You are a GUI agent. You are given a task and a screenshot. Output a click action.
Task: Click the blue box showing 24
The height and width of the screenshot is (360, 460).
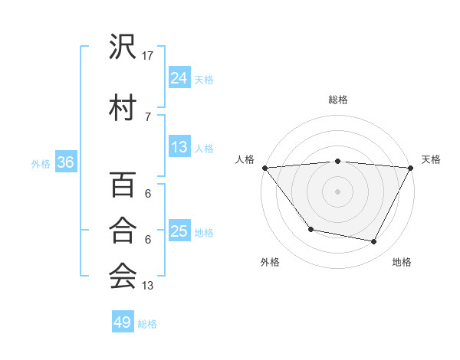coord(179,77)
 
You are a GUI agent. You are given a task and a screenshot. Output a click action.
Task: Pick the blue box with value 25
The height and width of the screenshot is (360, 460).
coord(179,231)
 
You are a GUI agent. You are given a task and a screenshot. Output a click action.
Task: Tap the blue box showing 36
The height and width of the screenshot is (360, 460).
coord(65,162)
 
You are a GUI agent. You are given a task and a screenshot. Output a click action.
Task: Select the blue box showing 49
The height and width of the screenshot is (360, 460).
coord(123,322)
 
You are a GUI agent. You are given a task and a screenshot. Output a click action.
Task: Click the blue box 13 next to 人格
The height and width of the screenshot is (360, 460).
coord(179,147)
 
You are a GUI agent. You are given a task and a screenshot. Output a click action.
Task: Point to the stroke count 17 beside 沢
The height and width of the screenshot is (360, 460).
coord(148,55)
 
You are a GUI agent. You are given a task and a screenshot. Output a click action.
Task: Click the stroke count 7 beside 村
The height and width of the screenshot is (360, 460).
coord(148,116)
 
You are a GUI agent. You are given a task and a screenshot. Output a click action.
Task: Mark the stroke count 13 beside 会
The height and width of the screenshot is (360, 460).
coord(148,286)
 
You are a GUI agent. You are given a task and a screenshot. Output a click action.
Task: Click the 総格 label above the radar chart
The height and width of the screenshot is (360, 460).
coord(337,100)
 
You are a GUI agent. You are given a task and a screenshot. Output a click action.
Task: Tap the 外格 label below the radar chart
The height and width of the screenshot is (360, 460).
coord(270,262)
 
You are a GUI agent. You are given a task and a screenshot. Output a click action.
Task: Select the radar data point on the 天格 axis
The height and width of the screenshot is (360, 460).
coord(411,168)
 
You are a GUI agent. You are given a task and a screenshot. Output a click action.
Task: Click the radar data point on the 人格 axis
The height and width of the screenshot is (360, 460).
coord(264,168)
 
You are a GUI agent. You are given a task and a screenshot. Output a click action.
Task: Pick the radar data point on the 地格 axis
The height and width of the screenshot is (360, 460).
coord(374,242)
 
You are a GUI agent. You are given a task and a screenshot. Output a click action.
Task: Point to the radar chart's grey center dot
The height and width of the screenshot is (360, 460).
coord(337,191)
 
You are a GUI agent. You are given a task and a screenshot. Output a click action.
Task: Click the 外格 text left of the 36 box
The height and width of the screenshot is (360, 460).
coord(41,163)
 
